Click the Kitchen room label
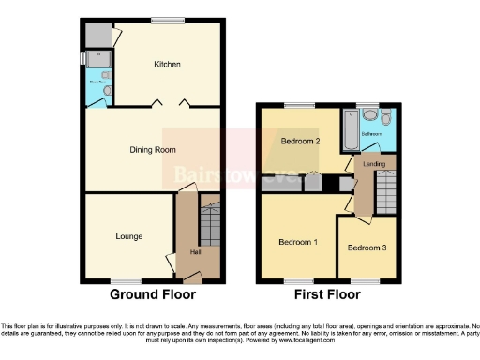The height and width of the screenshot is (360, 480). pos(168,65)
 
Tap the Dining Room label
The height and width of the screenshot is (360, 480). pos(153,149)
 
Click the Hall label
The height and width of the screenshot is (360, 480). pos(195,251)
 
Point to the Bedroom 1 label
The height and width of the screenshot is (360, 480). pos(298,243)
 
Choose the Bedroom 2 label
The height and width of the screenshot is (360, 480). pos(301,142)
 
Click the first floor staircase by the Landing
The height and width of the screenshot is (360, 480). pos(384,193)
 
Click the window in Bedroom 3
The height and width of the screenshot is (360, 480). pos(366,280)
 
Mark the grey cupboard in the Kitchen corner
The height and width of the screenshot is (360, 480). pos(97,36)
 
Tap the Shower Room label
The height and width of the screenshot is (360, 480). pos(97,82)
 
